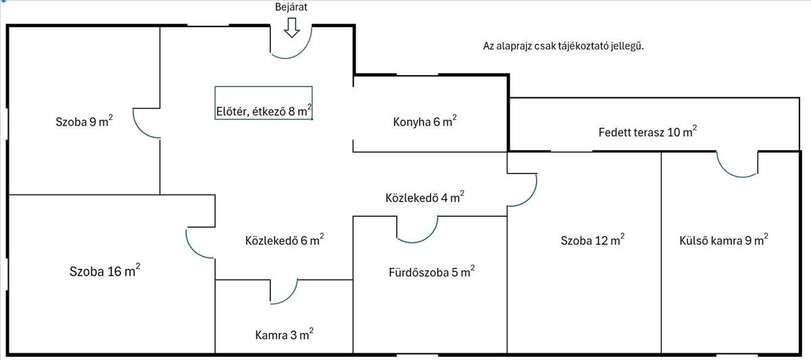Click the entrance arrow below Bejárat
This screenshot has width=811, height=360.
292,28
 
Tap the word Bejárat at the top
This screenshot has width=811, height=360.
292,7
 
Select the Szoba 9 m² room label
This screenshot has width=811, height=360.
84,122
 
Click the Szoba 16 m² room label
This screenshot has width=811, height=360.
105,272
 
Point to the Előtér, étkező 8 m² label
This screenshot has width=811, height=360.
264,112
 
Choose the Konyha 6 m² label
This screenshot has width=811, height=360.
424,122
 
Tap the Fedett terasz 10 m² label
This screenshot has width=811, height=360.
647,132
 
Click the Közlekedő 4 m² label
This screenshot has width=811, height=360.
424,198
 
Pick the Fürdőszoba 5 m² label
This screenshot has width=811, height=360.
431,273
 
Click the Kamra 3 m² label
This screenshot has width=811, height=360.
284,334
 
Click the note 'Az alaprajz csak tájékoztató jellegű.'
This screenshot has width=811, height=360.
562,46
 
